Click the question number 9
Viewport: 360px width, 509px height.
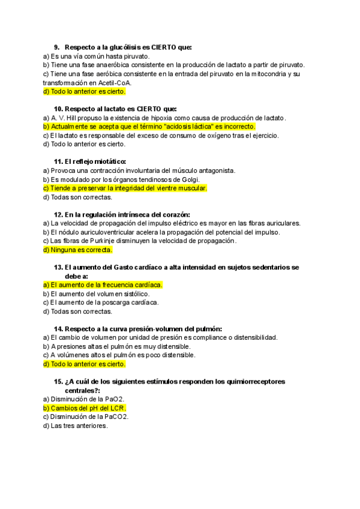[x=56, y=47]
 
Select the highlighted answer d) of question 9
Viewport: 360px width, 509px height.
[x=84, y=92]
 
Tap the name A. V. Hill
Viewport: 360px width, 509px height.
[x=67, y=118]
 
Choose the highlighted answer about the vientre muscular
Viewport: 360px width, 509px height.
[x=124, y=188]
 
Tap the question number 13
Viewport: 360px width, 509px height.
[x=58, y=267]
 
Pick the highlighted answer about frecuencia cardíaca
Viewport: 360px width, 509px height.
[x=103, y=285]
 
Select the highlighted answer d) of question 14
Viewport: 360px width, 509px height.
[x=84, y=364]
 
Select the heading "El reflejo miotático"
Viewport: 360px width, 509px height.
[x=94, y=161]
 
